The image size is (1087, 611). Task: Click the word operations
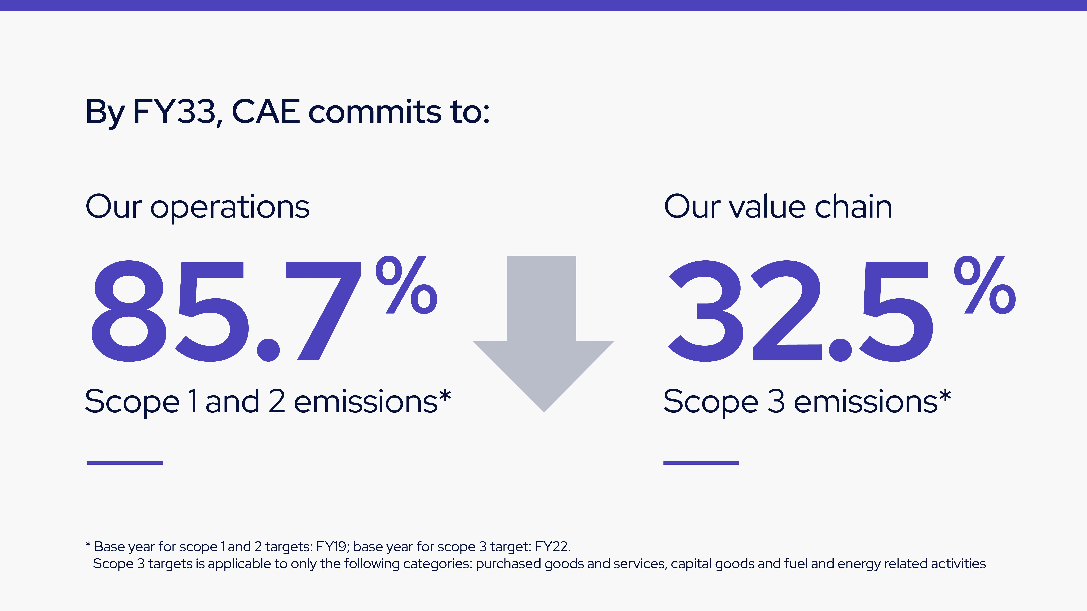pos(230,208)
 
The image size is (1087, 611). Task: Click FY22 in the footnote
pos(552,547)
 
